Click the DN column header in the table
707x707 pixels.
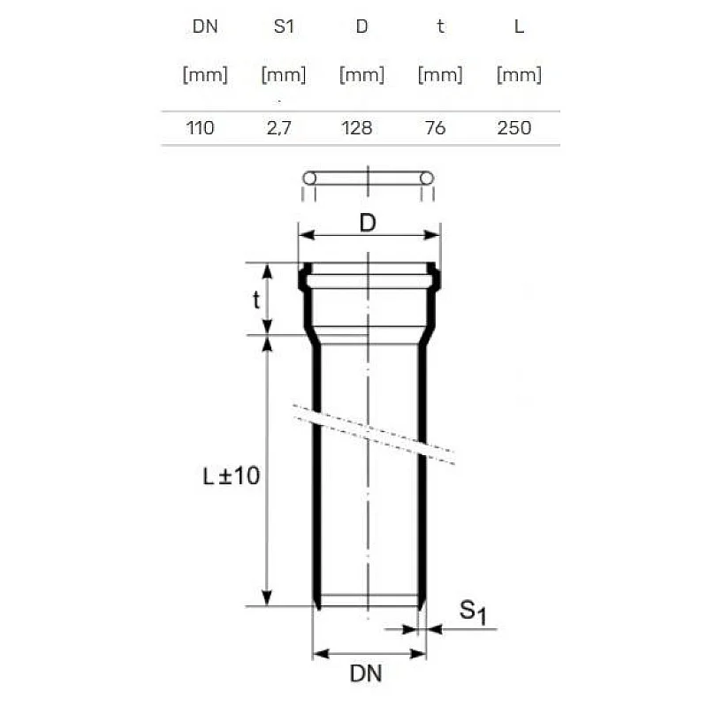coord(204,27)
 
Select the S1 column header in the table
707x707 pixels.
coord(284,27)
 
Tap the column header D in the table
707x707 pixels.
coord(361,27)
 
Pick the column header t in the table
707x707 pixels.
coord(440,27)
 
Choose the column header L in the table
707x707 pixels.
coord(519,27)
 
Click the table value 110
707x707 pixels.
coord(200,128)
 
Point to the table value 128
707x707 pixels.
coord(357,128)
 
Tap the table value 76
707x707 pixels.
coord(435,128)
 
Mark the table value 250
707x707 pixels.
coord(513,128)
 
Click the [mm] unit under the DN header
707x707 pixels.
coord(204,75)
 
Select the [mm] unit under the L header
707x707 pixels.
coord(519,75)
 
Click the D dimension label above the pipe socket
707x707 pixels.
coord(369,224)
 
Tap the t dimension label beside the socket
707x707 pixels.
coord(256,300)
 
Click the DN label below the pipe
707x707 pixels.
coord(366,674)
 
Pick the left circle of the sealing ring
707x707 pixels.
coord(309,179)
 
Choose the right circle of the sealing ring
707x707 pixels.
coord(427,179)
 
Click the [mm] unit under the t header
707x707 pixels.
coord(440,75)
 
